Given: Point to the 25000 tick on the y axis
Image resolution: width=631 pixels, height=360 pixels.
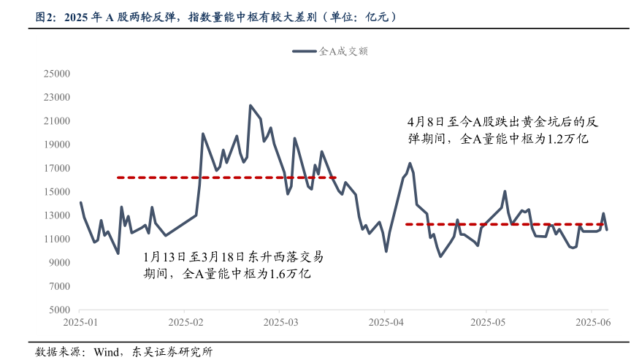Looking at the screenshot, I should [x=56, y=74].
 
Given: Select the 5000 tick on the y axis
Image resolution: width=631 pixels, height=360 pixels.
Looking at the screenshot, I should [x=59, y=310].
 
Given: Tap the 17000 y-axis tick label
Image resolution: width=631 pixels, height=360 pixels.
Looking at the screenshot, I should [x=56, y=168].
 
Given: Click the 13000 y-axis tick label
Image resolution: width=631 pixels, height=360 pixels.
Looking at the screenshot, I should [x=56, y=215].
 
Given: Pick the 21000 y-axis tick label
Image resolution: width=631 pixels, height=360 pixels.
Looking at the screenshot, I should [x=56, y=120].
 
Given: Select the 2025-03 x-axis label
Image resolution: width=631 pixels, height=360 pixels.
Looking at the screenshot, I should [x=281, y=322].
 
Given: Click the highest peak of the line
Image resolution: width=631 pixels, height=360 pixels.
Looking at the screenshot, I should [x=251, y=106].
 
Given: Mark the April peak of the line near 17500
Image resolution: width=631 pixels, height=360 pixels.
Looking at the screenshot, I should [x=410, y=163].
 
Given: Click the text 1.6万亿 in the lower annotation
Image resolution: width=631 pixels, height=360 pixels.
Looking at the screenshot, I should [x=291, y=274].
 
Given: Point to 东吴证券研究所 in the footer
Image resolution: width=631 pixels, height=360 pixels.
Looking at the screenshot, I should [x=175, y=352].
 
